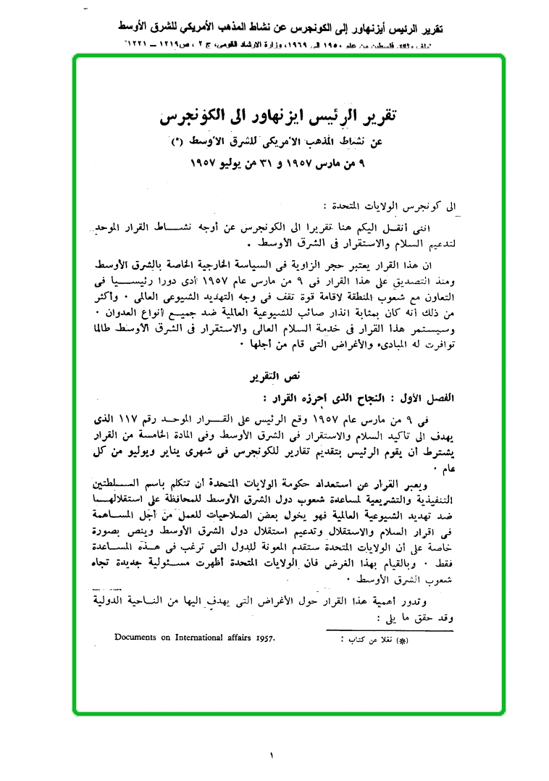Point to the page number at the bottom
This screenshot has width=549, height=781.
pyautogui.click(x=273, y=756)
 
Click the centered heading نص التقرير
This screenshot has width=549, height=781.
pyautogui.click(x=275, y=379)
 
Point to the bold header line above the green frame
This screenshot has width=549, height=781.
pyautogui.click(x=274, y=30)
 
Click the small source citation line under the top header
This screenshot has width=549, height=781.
pyautogui.click(x=274, y=45)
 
